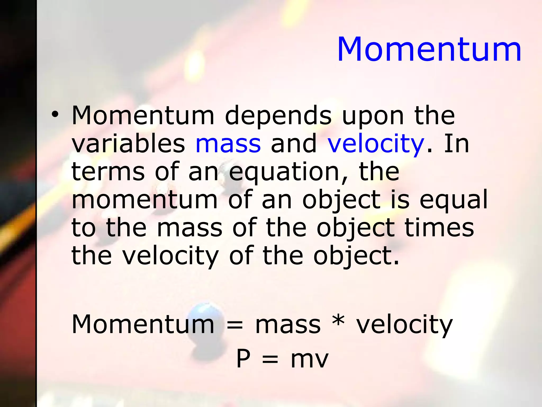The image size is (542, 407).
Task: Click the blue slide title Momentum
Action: (x=429, y=49)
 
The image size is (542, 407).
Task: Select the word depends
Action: (x=278, y=117)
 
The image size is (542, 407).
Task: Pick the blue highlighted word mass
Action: (x=228, y=144)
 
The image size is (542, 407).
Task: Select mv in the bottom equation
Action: (x=309, y=360)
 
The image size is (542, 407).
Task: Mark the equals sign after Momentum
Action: (x=234, y=325)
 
